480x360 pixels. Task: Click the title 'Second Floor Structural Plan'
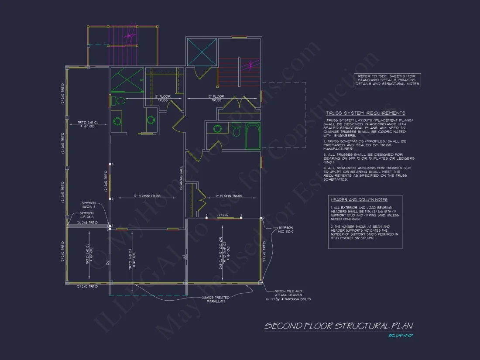pyautogui.click(x=339, y=326)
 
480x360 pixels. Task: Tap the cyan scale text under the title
pyautogui.click(x=400, y=336)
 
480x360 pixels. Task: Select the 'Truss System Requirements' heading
pyautogui.click(x=364, y=113)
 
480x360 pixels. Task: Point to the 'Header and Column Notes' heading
pyautogui.click(x=353, y=199)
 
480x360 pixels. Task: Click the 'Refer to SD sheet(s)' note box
pyautogui.click(x=387, y=80)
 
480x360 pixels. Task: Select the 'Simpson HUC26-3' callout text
pyautogui.click(x=89, y=205)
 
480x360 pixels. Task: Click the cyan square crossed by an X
pyautogui.click(x=202, y=52)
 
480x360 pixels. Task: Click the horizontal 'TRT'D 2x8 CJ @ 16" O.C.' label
pyautogui.click(x=93, y=124)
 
